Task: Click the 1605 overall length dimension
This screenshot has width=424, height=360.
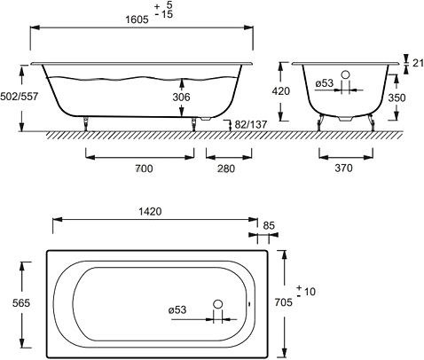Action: pyautogui.click(x=137, y=20)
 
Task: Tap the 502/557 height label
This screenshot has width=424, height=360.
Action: pyautogui.click(x=20, y=97)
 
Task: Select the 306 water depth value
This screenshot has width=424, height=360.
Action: pyautogui.click(x=181, y=97)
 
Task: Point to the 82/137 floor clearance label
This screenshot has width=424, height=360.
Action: pyautogui.click(x=251, y=124)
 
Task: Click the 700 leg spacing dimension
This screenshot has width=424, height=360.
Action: pyautogui.click(x=145, y=168)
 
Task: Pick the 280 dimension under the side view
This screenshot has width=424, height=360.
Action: pyautogui.click(x=226, y=168)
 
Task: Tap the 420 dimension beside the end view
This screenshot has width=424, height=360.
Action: pyautogui.click(x=281, y=91)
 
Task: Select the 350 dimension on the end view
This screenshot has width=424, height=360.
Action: pyautogui.click(x=397, y=98)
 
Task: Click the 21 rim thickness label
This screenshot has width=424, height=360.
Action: pyautogui.click(x=418, y=63)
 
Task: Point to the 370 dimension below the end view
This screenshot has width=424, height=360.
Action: pyautogui.click(x=344, y=168)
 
